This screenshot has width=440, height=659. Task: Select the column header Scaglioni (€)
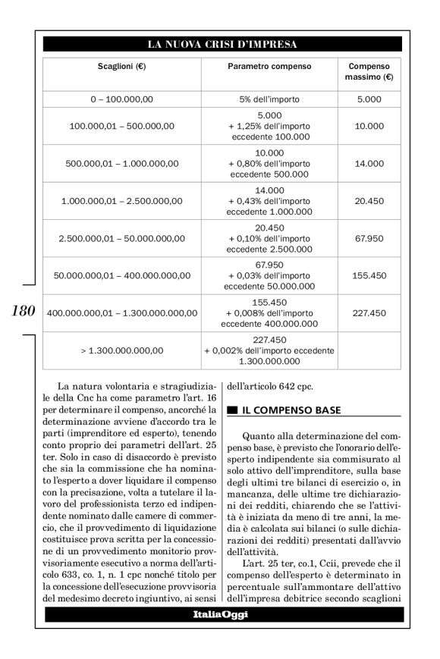coord(121,67)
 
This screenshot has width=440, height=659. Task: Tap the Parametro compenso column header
coord(269,67)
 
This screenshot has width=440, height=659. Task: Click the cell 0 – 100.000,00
coord(121,99)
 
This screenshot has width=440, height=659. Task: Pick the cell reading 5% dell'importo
coord(269,99)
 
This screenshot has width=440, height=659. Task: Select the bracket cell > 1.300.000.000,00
coord(121,350)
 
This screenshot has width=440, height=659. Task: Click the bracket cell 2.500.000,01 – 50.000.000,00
coord(121,238)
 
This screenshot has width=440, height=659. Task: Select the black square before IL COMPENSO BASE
coord(232,411)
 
